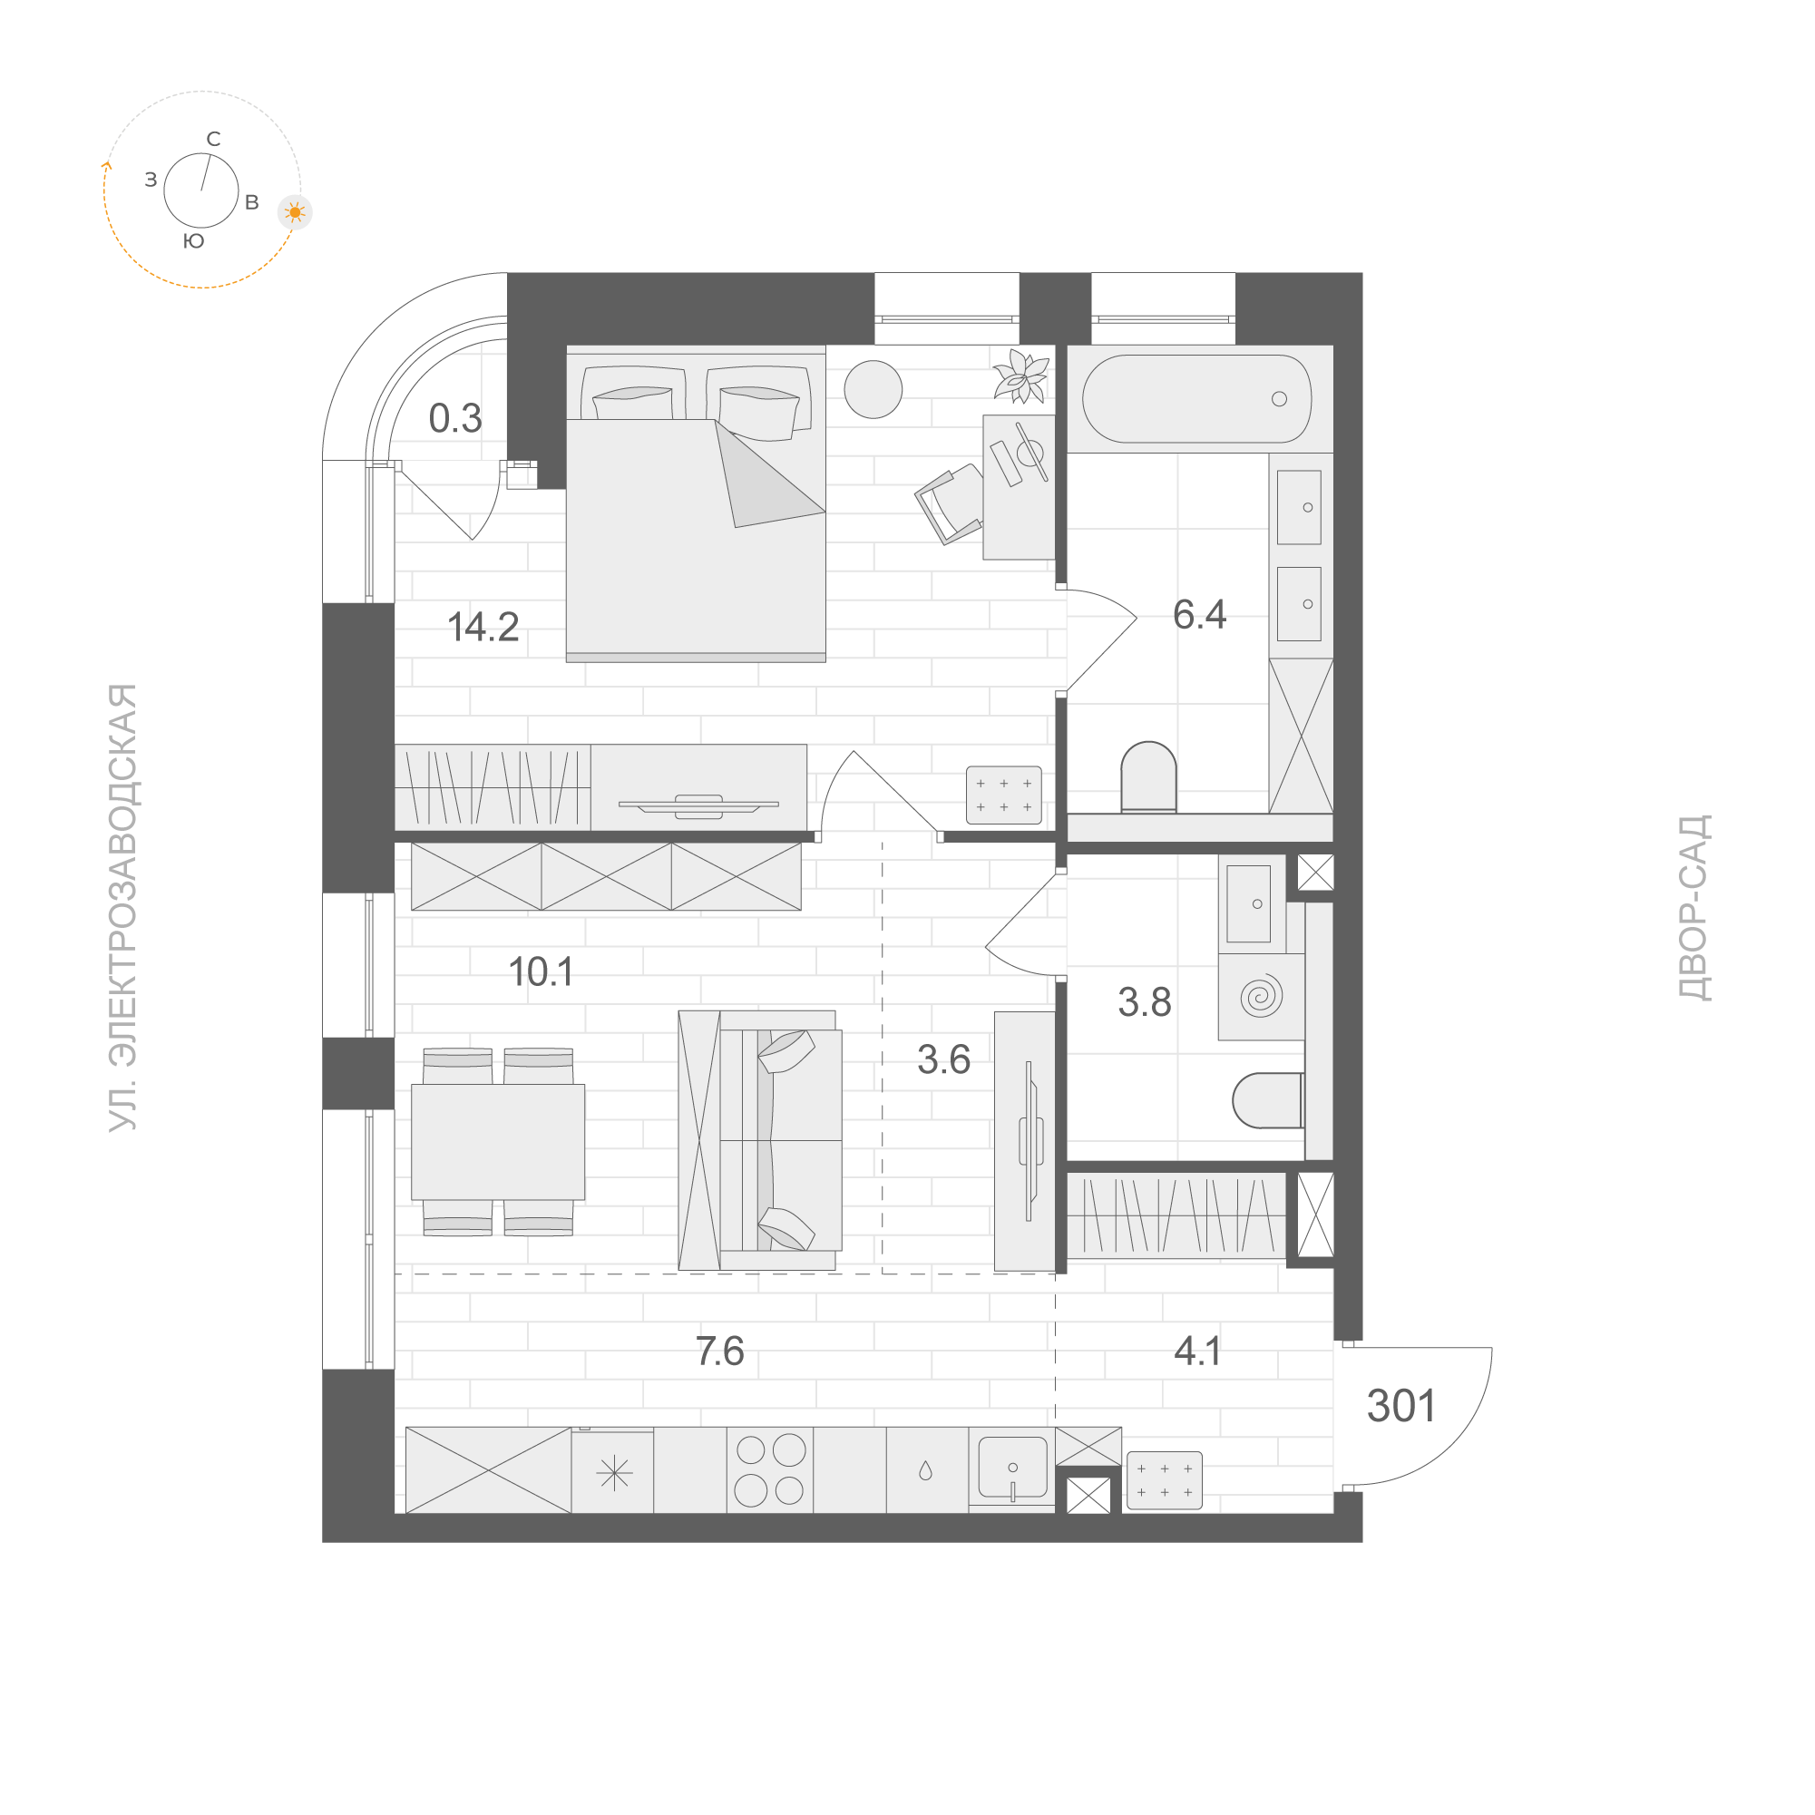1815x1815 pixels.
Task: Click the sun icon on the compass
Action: [x=295, y=212]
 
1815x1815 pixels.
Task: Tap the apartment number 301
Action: [x=1400, y=1406]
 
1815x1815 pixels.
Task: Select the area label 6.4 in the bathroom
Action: [x=1199, y=614]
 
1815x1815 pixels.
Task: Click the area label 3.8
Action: [x=1145, y=1002]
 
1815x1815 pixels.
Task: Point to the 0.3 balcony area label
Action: [x=454, y=419]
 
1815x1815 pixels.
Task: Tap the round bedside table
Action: [x=873, y=389]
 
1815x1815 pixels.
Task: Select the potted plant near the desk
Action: [x=1022, y=376]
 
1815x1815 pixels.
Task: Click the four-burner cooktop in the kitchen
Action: [x=769, y=1470]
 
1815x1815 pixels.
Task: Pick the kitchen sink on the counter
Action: [x=1011, y=1467]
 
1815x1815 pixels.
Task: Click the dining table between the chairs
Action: [x=498, y=1142]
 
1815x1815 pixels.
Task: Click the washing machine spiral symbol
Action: [x=1261, y=997]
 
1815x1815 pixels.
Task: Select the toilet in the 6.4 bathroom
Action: [x=1148, y=777]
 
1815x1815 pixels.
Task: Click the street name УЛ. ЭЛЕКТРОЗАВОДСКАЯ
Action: [x=123, y=907]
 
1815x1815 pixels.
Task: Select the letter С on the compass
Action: [x=213, y=140]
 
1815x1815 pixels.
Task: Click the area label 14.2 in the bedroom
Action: [x=483, y=627]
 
